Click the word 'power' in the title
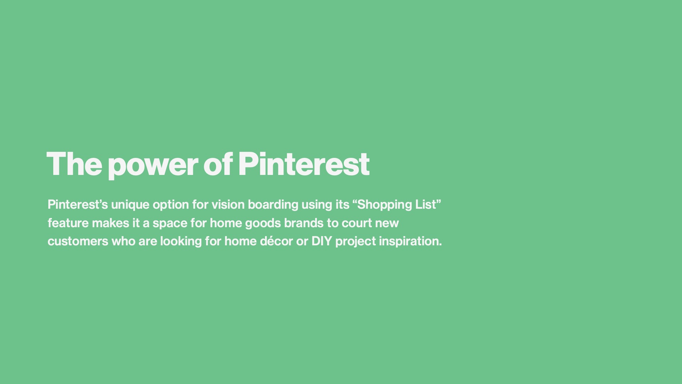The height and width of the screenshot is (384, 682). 153,166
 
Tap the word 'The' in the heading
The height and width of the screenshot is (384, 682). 74,164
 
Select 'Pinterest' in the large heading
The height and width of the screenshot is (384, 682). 304,164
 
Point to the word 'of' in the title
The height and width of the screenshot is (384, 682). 218,164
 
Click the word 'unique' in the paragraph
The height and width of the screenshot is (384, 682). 130,205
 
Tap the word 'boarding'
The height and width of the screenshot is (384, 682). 273,205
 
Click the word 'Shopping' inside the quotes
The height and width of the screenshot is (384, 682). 385,205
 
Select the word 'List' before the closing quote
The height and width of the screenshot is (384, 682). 426,204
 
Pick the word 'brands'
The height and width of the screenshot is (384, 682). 304,223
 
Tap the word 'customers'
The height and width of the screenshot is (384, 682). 78,241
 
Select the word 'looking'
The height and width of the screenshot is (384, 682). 181,241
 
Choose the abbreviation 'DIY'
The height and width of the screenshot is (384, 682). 321,241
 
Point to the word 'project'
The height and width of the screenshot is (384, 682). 356,241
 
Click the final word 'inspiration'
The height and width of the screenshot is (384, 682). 409,241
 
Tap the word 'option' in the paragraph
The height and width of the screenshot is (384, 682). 171,205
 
